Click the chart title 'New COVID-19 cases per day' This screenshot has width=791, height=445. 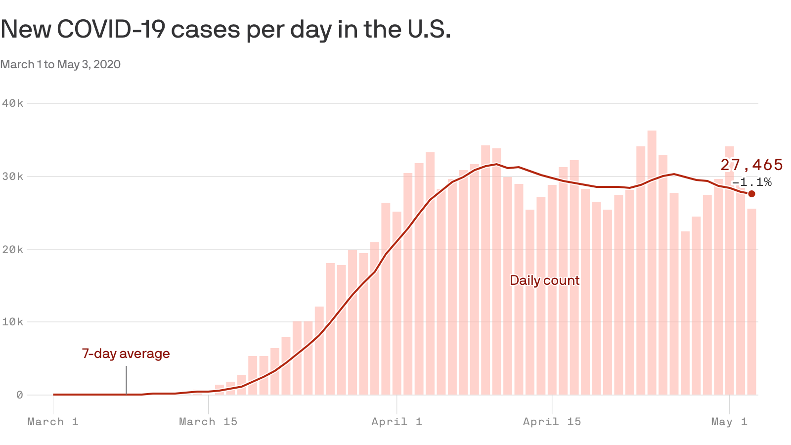click(225, 30)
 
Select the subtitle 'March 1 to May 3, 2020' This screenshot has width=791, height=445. click(60, 65)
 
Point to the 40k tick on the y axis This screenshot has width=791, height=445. click(12, 103)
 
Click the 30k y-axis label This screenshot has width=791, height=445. click(12, 177)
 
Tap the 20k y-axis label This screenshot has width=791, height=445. click(12, 250)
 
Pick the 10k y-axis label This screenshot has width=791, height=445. click(12, 322)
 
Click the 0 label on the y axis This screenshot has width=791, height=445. click(19, 395)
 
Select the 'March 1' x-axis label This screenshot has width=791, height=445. click(53, 422)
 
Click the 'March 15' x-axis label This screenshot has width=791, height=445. click(208, 422)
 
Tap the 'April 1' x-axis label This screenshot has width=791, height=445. click(396, 422)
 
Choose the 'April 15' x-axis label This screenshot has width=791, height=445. click(552, 422)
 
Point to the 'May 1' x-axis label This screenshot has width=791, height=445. click(729, 422)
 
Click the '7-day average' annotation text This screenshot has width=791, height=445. click(126, 354)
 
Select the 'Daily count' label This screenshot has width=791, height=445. click(544, 280)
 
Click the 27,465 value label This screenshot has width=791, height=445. click(751, 165)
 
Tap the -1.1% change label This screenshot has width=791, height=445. click(751, 182)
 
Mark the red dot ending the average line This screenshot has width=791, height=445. click(751, 194)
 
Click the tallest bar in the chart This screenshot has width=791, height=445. click(652, 262)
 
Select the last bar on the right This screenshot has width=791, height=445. click(751, 302)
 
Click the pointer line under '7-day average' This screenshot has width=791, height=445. click(126, 380)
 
